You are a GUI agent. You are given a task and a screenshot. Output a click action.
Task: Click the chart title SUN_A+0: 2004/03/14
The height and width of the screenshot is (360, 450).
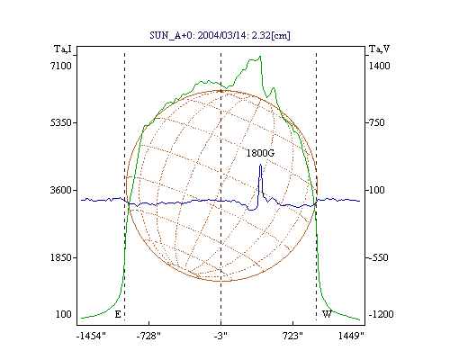[x=194, y=35]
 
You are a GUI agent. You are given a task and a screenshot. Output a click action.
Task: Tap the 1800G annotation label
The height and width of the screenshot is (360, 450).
[x=260, y=153]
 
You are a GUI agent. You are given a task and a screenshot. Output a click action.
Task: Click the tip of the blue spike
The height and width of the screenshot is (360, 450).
[x=260, y=165]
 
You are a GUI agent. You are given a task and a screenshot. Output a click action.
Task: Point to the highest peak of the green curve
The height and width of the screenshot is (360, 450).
[x=260, y=56]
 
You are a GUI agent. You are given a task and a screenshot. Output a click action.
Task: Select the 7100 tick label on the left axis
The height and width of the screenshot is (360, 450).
[x=61, y=66]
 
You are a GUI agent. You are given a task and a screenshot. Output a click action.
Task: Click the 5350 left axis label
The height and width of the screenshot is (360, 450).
[x=61, y=122]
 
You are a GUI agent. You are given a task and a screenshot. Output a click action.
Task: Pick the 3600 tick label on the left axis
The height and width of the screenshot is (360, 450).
[x=61, y=190]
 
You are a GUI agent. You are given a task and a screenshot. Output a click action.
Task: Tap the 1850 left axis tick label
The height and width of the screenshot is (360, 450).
[x=61, y=257]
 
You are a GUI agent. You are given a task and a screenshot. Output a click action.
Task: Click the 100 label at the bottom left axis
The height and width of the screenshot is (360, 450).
[x=64, y=314]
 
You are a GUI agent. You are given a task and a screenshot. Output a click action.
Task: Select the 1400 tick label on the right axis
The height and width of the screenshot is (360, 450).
[x=379, y=66]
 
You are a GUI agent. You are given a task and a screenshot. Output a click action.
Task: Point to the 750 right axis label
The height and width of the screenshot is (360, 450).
[x=377, y=122]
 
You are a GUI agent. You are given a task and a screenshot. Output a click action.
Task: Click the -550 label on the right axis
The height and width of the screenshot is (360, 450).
[x=378, y=257]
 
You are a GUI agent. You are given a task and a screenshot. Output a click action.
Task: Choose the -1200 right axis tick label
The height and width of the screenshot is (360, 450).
[x=381, y=314]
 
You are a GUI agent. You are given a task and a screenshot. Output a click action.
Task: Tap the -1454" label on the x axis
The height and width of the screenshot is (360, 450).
[x=91, y=336]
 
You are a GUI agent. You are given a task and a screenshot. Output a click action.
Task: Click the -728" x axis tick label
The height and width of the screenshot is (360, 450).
[x=148, y=336]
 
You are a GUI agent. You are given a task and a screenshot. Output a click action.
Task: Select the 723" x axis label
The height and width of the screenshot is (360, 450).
[x=292, y=336]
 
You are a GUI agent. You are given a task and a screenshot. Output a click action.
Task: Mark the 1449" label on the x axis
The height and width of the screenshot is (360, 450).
[x=351, y=336]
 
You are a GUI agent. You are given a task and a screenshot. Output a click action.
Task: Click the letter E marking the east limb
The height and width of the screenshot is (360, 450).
[x=118, y=314]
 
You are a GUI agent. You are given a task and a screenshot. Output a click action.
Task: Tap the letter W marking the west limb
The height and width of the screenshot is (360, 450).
[x=327, y=314]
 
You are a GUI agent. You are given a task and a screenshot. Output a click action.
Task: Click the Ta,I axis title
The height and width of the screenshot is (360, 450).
[x=63, y=49]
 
